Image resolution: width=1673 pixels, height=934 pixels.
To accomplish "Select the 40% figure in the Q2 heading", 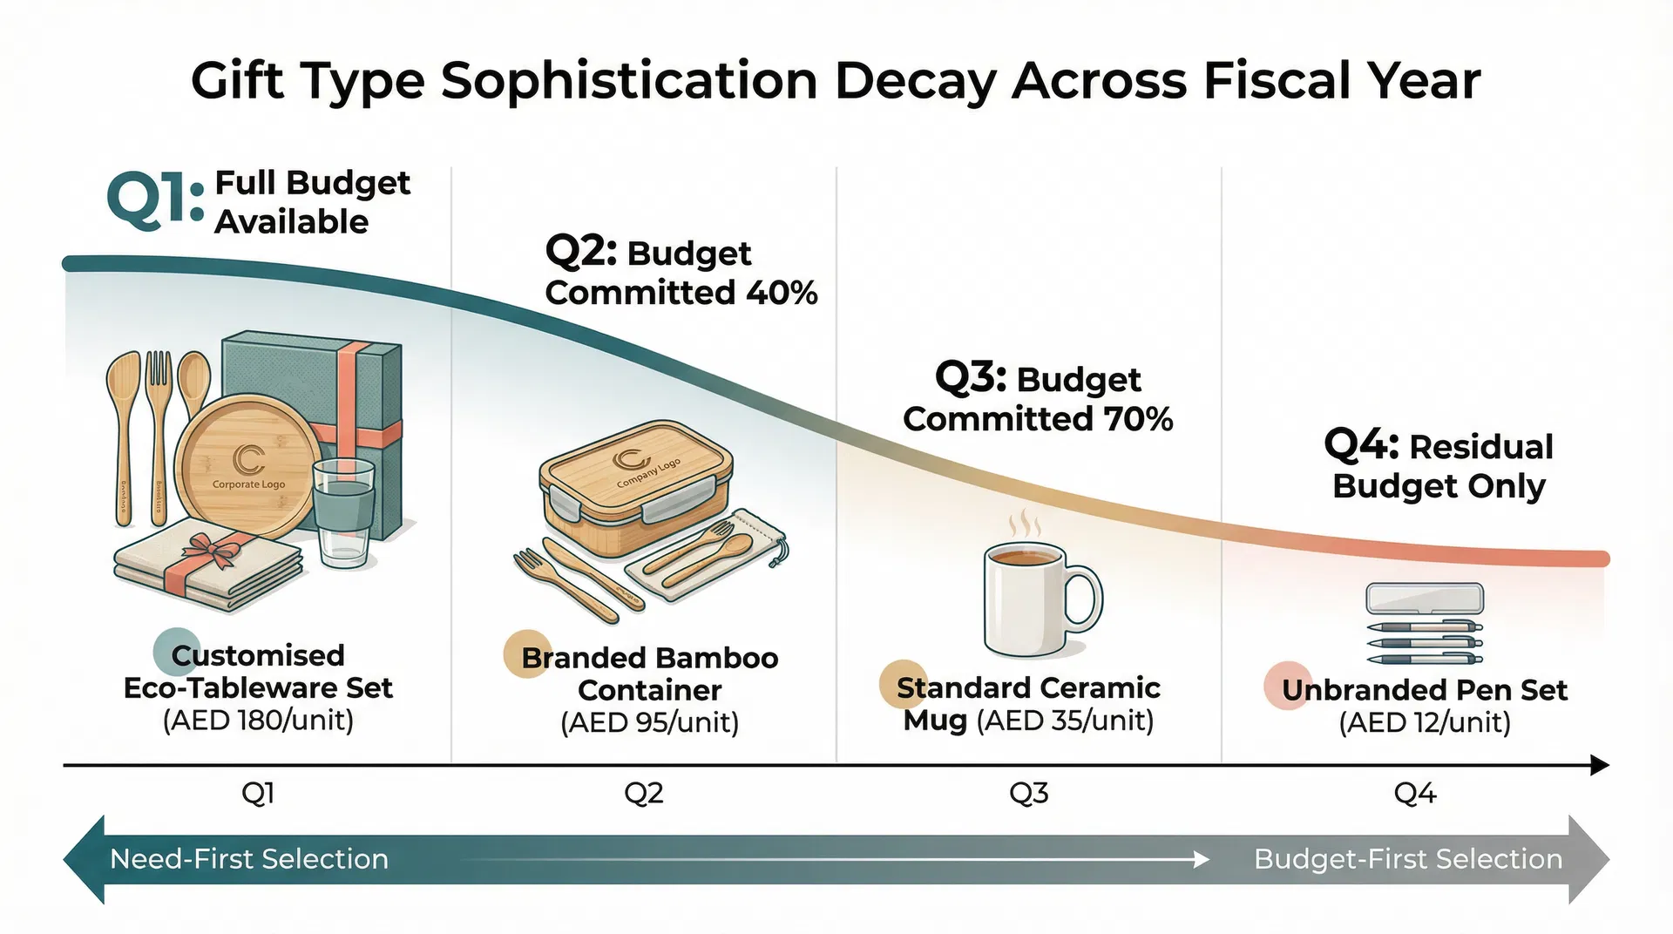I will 782,293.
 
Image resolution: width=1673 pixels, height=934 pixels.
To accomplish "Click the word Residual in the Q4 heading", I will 1481,447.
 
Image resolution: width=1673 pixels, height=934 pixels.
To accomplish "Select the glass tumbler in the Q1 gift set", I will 343,513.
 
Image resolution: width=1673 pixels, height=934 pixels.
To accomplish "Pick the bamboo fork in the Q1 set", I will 159,436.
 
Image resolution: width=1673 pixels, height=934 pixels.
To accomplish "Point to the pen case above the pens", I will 1424,599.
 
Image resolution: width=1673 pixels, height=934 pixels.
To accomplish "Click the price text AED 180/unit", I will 258,721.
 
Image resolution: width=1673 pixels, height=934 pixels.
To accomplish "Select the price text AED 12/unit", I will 1424,722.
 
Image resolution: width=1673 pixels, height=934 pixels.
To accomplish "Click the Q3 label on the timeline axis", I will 1028,793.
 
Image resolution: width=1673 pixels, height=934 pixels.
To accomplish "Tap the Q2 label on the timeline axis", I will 644,793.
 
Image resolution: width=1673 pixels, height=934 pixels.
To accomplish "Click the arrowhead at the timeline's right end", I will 1599,766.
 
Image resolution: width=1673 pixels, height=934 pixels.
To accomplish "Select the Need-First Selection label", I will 249,859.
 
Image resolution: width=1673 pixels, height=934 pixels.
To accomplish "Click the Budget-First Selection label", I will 1407,859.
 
